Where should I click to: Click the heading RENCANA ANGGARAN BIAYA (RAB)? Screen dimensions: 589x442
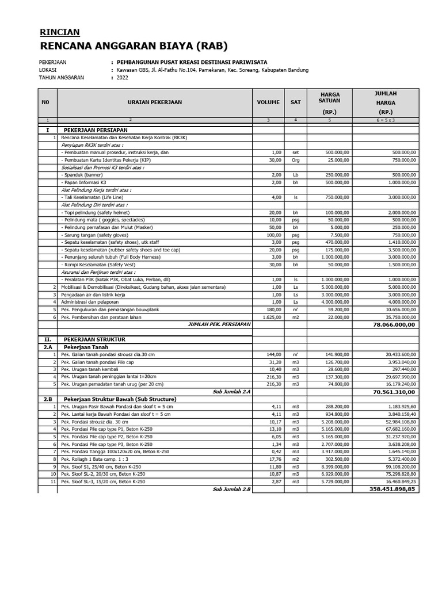click(x=133, y=46)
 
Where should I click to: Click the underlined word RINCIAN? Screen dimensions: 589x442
click(x=59, y=32)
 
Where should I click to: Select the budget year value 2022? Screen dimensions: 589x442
click(x=123, y=78)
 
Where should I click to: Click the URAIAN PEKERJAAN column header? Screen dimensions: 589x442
click(x=155, y=102)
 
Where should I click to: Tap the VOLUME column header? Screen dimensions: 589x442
click(x=268, y=102)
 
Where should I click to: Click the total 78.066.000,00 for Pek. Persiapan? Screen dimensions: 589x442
click(x=395, y=324)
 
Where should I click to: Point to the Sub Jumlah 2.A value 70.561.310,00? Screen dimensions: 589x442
click(x=395, y=391)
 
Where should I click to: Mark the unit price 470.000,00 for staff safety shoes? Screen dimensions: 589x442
click(x=336, y=242)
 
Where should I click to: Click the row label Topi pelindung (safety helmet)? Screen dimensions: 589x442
click(x=94, y=212)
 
